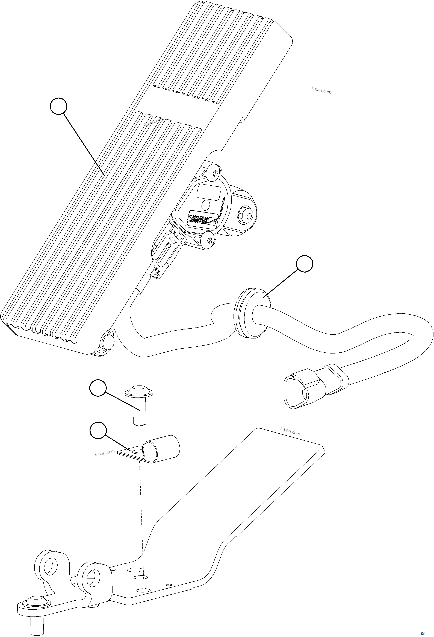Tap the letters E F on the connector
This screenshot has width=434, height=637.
[158, 271]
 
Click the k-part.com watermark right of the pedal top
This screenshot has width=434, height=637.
[321, 91]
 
